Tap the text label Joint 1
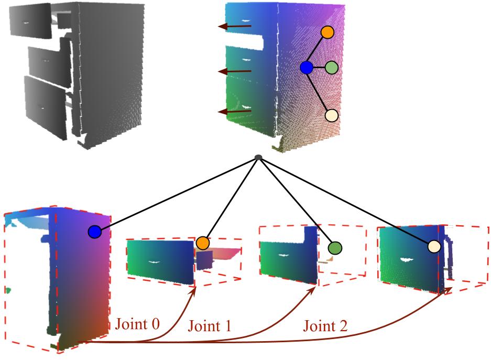point(209,326)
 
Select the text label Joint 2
point(325,326)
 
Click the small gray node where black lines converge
point(258,157)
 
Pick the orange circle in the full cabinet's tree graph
point(328,32)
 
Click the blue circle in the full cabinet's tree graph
point(307,68)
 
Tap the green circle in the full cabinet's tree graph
point(332,68)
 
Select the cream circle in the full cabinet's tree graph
point(331,115)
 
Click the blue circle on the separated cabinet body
point(94,232)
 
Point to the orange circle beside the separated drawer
point(203,243)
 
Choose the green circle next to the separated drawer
point(334,247)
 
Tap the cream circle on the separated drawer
point(433,246)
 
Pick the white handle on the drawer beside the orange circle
point(154,261)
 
